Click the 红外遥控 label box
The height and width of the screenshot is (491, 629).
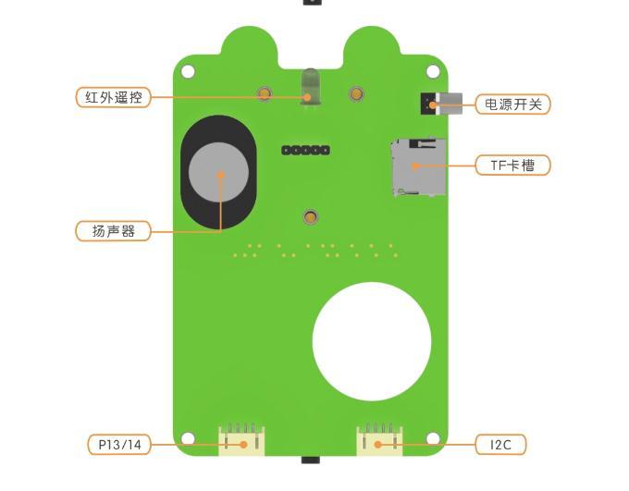[113, 97]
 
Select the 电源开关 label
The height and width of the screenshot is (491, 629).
[512, 104]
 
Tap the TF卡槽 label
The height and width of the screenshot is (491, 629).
[512, 165]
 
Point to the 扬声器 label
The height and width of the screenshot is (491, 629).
[113, 231]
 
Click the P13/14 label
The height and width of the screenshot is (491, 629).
[119, 445]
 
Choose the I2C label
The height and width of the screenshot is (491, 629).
[500, 445]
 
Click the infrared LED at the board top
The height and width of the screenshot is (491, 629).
[310, 88]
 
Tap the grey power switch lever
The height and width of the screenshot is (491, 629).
[450, 104]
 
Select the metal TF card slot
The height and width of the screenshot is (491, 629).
[419, 167]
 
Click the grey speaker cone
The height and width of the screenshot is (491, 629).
[218, 173]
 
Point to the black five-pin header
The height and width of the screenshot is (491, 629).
[305, 151]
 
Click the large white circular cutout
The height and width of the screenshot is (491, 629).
[372, 341]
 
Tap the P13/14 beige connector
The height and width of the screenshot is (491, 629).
[241, 440]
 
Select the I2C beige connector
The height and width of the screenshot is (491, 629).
[379, 440]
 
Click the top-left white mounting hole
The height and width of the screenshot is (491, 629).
[188, 72]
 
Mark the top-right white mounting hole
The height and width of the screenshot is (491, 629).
[433, 72]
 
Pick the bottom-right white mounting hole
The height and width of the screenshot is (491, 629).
[433, 438]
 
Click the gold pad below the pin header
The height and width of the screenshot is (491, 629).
[310, 217]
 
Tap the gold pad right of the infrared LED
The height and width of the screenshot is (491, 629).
[356, 94]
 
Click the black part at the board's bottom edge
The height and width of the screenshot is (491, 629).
[311, 460]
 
